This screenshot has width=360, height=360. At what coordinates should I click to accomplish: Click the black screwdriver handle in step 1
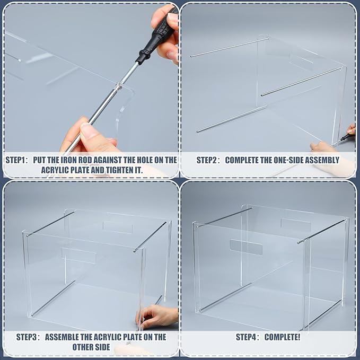(x=156, y=40)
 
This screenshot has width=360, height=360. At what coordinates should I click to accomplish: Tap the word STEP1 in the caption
(x=19, y=160)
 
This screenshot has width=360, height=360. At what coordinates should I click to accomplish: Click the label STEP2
(x=208, y=160)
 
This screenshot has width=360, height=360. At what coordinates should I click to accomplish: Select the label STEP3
(x=28, y=337)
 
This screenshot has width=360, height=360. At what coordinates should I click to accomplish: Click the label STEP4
(x=247, y=337)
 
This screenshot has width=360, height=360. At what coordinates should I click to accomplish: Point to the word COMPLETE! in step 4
(x=283, y=337)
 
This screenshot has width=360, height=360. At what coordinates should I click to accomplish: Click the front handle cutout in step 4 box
(x=246, y=247)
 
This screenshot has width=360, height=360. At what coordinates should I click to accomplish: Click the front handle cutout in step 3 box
(x=78, y=253)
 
